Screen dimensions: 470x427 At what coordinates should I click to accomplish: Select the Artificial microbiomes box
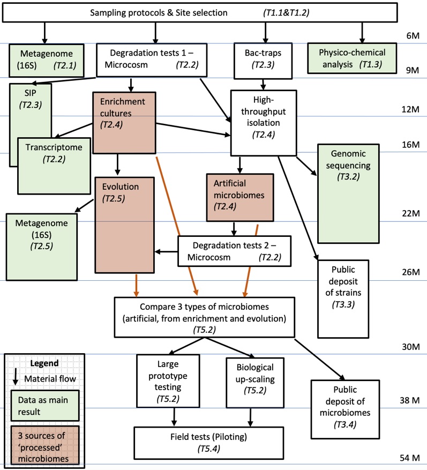(239, 195)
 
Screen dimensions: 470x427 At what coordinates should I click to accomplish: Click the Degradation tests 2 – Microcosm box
(234, 251)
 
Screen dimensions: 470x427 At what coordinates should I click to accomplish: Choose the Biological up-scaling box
(254, 382)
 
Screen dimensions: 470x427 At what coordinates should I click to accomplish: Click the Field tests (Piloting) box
(215, 442)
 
